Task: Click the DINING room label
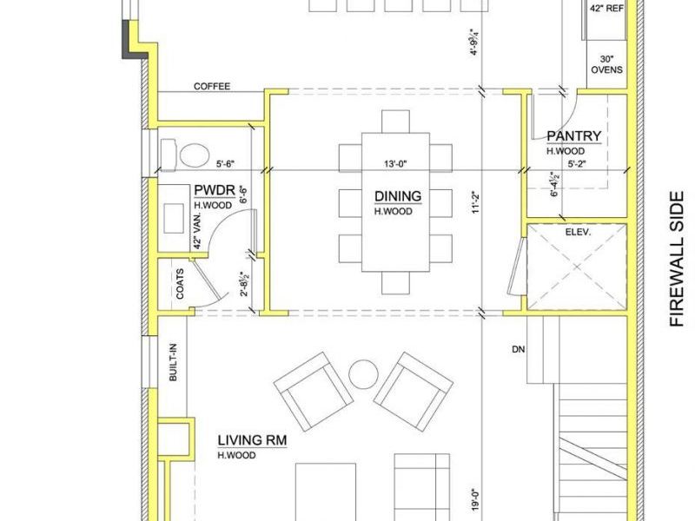[x=398, y=196]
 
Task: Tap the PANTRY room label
[x=574, y=135]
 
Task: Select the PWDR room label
[x=215, y=190]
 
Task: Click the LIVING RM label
[x=252, y=440]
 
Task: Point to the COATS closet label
[x=180, y=284]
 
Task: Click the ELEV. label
[x=578, y=232]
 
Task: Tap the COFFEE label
[x=212, y=86]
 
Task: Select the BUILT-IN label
[x=173, y=362]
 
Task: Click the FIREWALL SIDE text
[x=677, y=259]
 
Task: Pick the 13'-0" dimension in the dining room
[x=395, y=163]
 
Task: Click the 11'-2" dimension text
[x=476, y=202]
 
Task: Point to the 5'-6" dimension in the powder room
[x=225, y=163]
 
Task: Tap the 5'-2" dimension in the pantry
[x=577, y=163]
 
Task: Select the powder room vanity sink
[x=174, y=218]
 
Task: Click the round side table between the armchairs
[x=363, y=374]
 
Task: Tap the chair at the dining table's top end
[x=395, y=121]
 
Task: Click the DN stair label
[x=518, y=349]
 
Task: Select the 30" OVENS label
[x=606, y=64]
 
